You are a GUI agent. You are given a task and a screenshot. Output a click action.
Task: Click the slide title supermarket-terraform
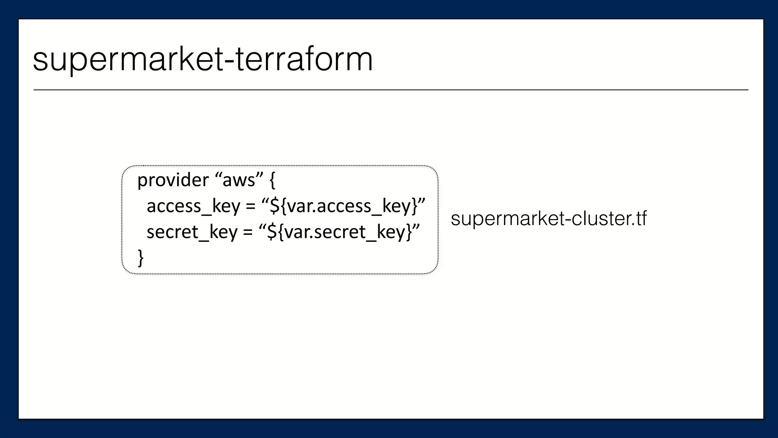click(203, 60)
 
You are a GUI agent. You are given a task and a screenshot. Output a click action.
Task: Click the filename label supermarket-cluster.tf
click(548, 219)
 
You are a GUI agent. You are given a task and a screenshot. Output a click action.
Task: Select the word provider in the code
click(173, 180)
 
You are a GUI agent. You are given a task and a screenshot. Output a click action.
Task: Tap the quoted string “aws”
click(239, 180)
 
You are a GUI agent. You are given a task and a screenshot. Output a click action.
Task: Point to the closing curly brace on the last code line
click(141, 258)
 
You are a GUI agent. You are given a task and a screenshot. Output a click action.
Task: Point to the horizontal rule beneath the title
click(391, 90)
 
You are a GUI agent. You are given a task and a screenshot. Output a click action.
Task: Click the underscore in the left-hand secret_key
click(204, 239)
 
